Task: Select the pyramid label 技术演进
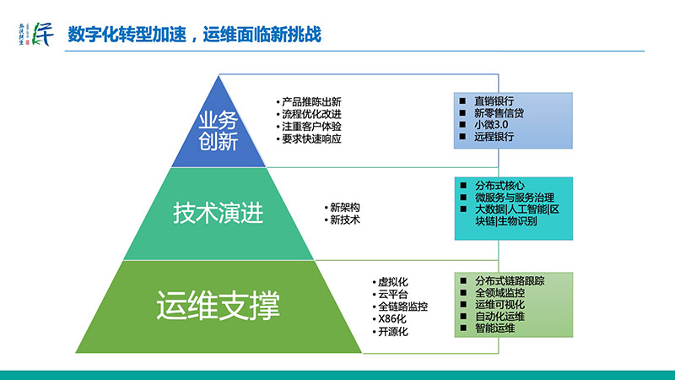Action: (219, 212)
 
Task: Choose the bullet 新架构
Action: (344, 208)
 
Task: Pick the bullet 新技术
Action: (344, 220)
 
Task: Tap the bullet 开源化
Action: (392, 332)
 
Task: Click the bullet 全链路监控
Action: (402, 307)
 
